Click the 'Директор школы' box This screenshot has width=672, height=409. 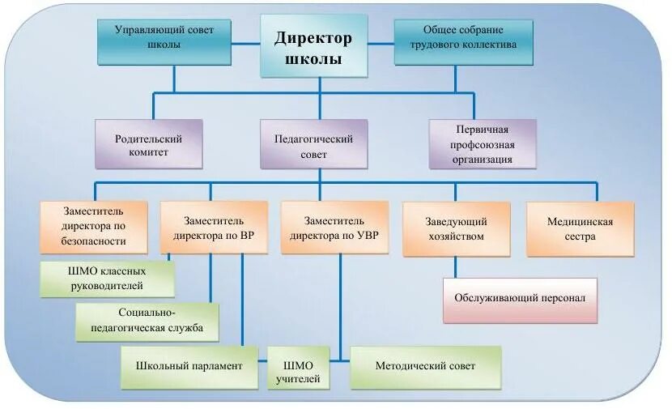pyautogui.click(x=313, y=48)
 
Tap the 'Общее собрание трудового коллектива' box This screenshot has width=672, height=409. pyautogui.click(x=455, y=38)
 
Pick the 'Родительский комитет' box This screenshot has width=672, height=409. pyautogui.click(x=148, y=144)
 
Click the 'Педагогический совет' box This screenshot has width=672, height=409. pyautogui.click(x=313, y=144)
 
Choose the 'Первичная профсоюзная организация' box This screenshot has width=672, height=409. pyautogui.click(x=483, y=144)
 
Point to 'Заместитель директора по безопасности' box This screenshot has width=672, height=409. pyautogui.click(x=94, y=228)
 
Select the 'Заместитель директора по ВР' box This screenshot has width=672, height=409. pyautogui.click(x=214, y=228)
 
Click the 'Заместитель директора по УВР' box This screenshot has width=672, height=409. pyautogui.click(x=334, y=228)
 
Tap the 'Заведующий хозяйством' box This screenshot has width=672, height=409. pyautogui.click(x=456, y=228)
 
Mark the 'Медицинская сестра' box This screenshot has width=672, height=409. pyautogui.click(x=580, y=228)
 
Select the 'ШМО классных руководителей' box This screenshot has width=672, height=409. pyautogui.click(x=108, y=279)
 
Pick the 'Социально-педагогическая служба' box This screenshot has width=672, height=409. pyautogui.click(x=147, y=321)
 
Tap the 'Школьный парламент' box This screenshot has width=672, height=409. pyautogui.click(x=189, y=366)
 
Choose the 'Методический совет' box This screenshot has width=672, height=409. pyautogui.click(x=425, y=366)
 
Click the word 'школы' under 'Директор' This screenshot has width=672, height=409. pyautogui.click(x=313, y=59)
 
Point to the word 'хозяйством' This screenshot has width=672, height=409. pyautogui.click(x=456, y=236)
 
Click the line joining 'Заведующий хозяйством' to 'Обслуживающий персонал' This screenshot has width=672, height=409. pyautogui.click(x=455, y=267)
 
